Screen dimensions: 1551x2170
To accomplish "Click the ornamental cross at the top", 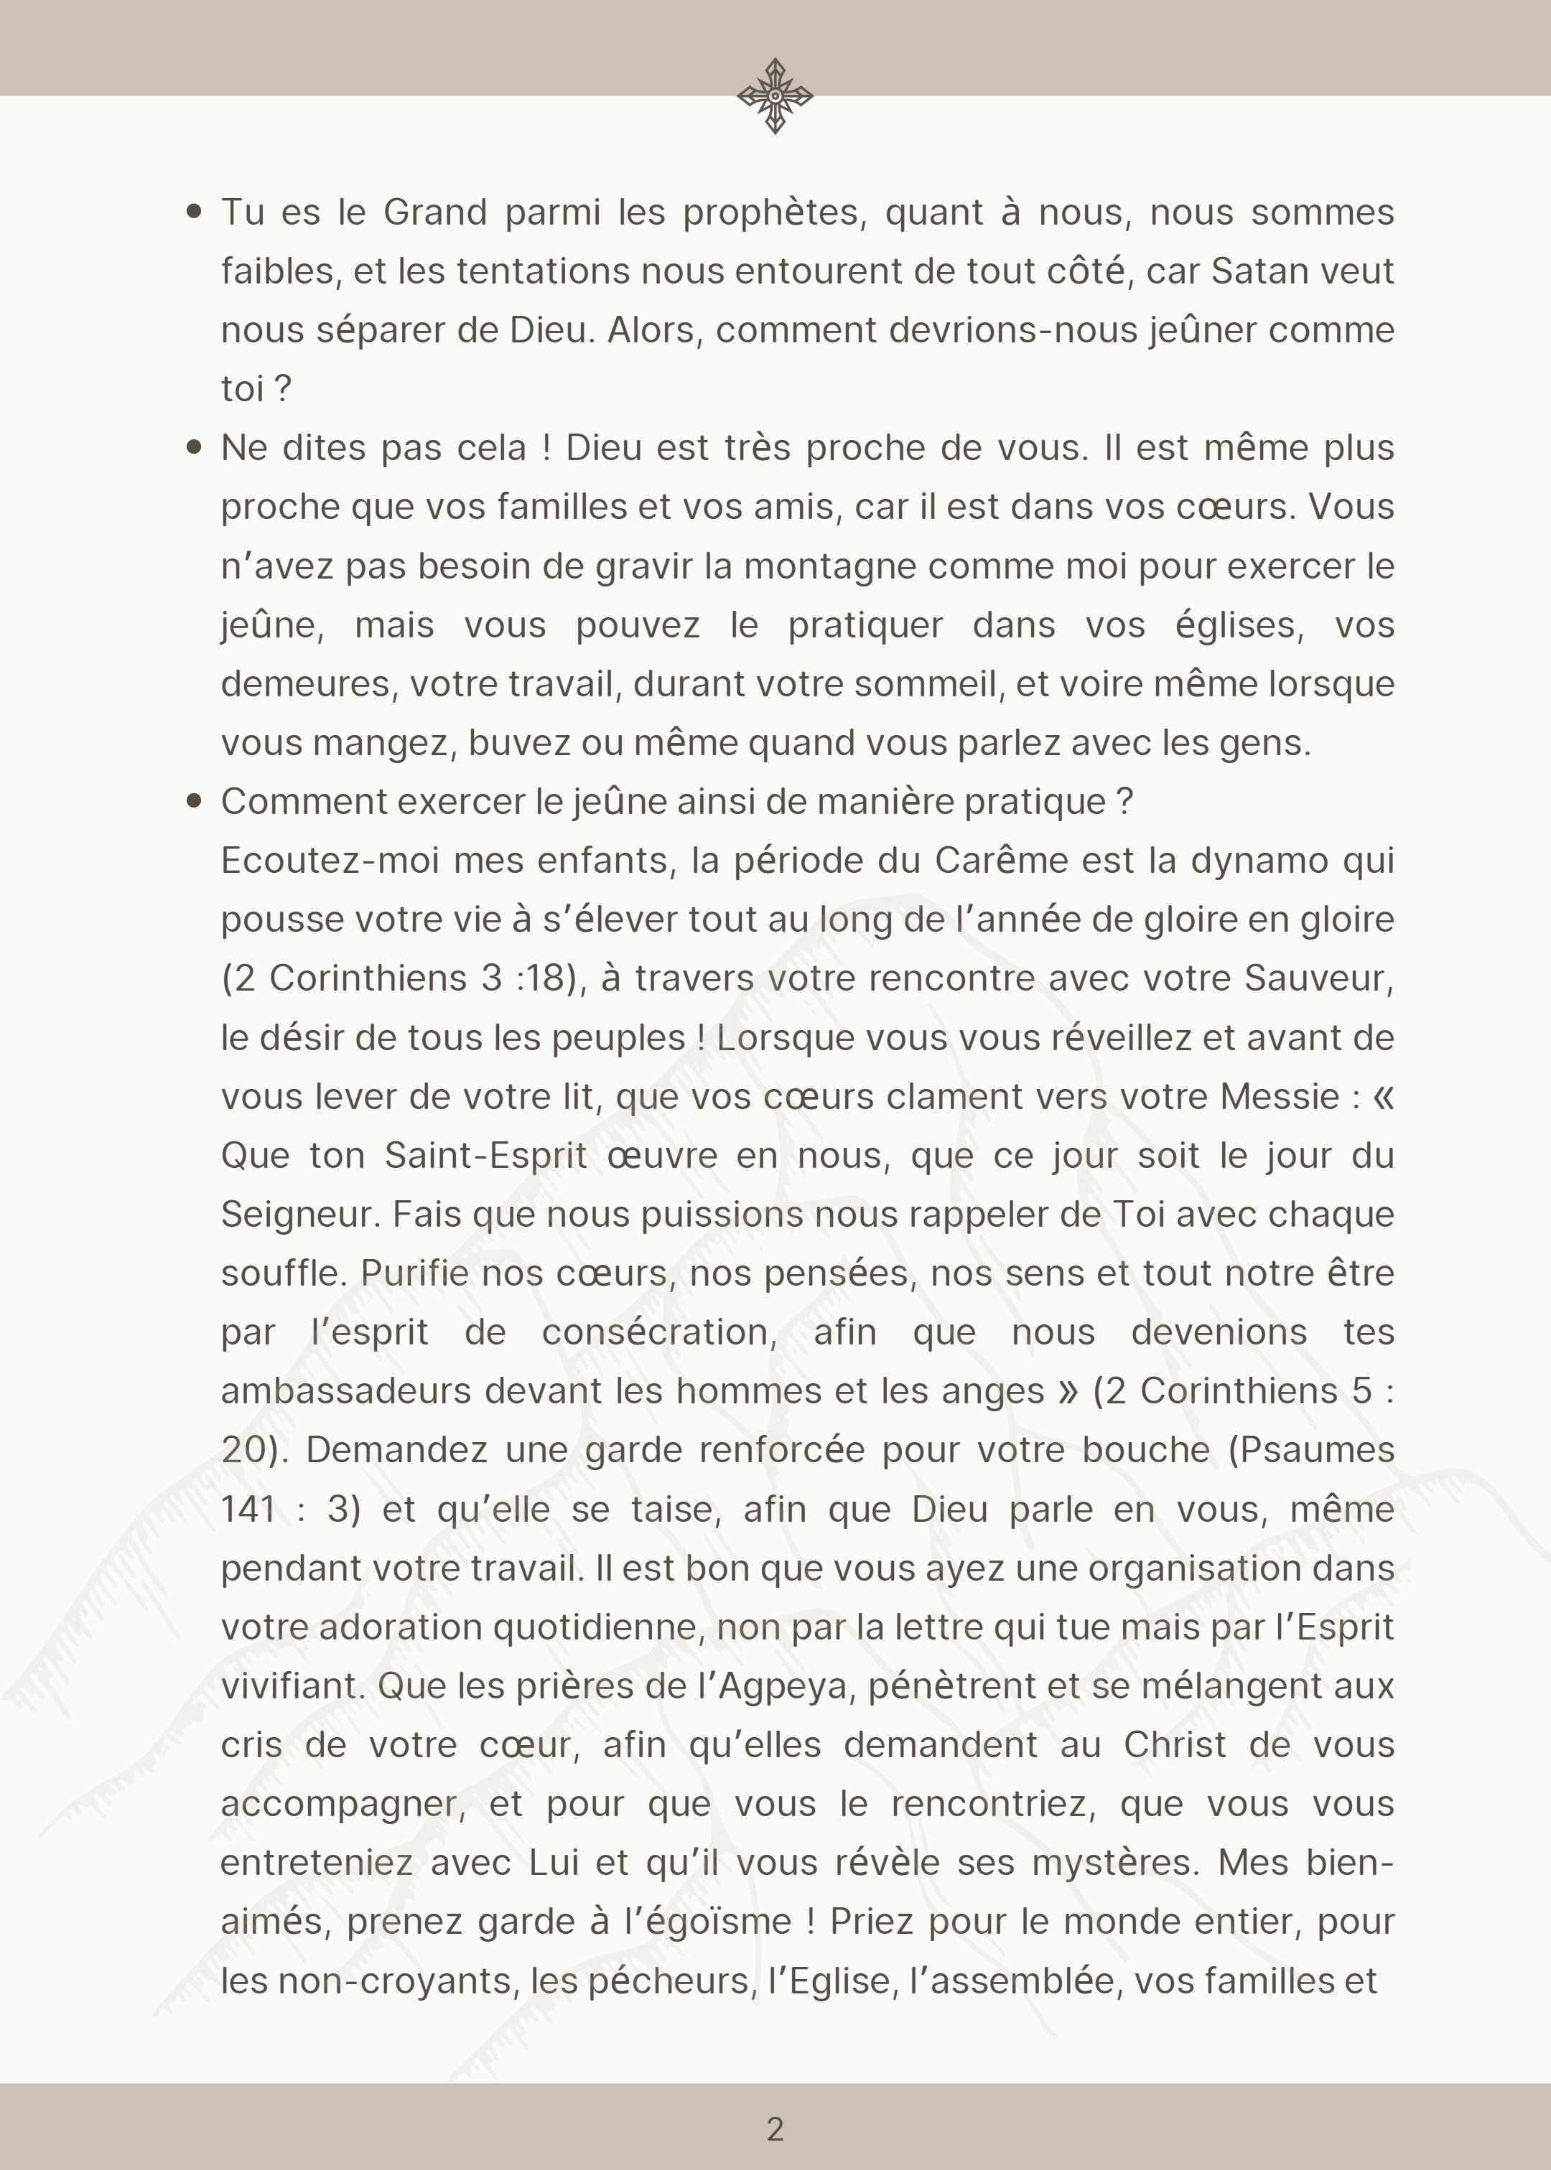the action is coord(775,95).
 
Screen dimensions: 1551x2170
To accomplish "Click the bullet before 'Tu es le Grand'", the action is coord(195,212).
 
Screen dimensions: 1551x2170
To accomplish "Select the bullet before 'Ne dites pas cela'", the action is coord(195,446).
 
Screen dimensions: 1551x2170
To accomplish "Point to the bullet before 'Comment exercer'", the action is coord(195,801).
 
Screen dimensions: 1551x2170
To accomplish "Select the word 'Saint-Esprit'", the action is coord(485,1155).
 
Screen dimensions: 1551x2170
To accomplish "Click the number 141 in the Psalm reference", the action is coord(248,1510).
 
